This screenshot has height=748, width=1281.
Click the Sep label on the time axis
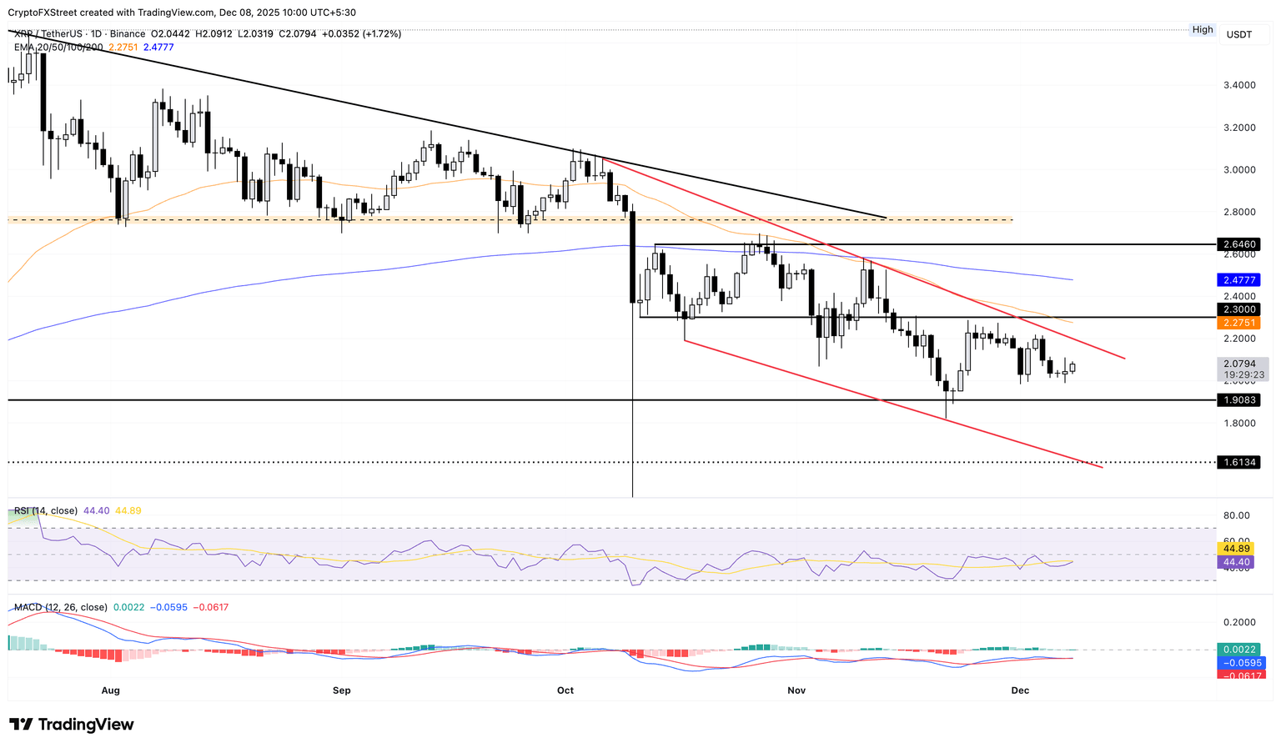click(x=341, y=690)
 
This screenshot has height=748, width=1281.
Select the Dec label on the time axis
click(x=1020, y=690)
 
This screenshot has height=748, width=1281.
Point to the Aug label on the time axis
click(x=110, y=690)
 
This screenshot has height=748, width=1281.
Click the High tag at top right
click(x=1203, y=29)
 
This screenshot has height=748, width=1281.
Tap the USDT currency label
click(x=1239, y=34)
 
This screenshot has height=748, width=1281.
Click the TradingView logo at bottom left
click(x=72, y=725)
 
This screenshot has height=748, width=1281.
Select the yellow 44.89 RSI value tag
click(x=1236, y=549)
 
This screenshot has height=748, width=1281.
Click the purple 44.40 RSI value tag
click(x=1236, y=563)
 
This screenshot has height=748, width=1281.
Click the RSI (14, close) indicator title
click(x=46, y=510)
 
